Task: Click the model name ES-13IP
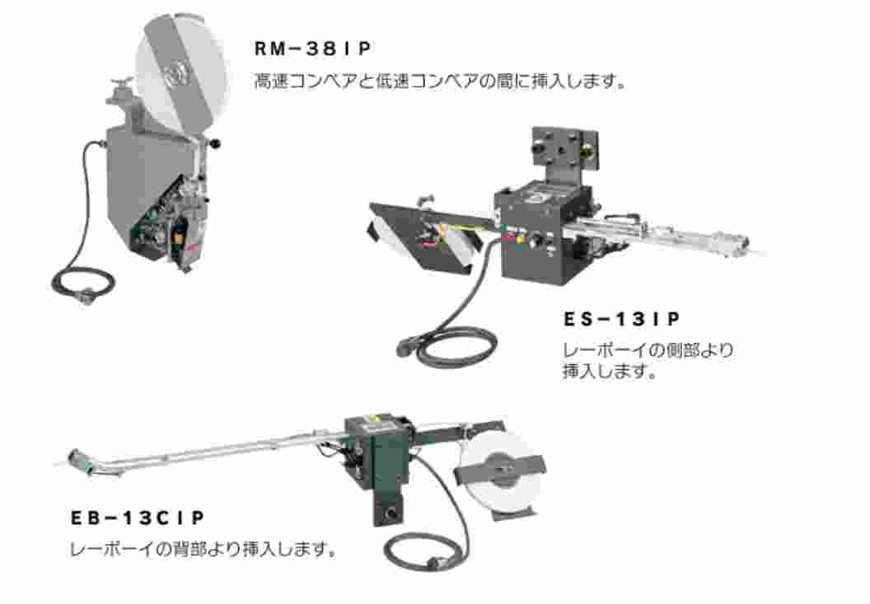coord(624,318)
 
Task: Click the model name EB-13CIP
coord(137,518)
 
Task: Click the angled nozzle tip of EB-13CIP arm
coord(82,457)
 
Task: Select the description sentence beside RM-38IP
coord(441,82)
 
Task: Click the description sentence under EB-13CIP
coord(204,549)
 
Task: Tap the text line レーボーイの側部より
coord(648,349)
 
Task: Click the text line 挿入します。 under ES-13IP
coord(609,371)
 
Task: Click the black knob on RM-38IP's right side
coord(217,146)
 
